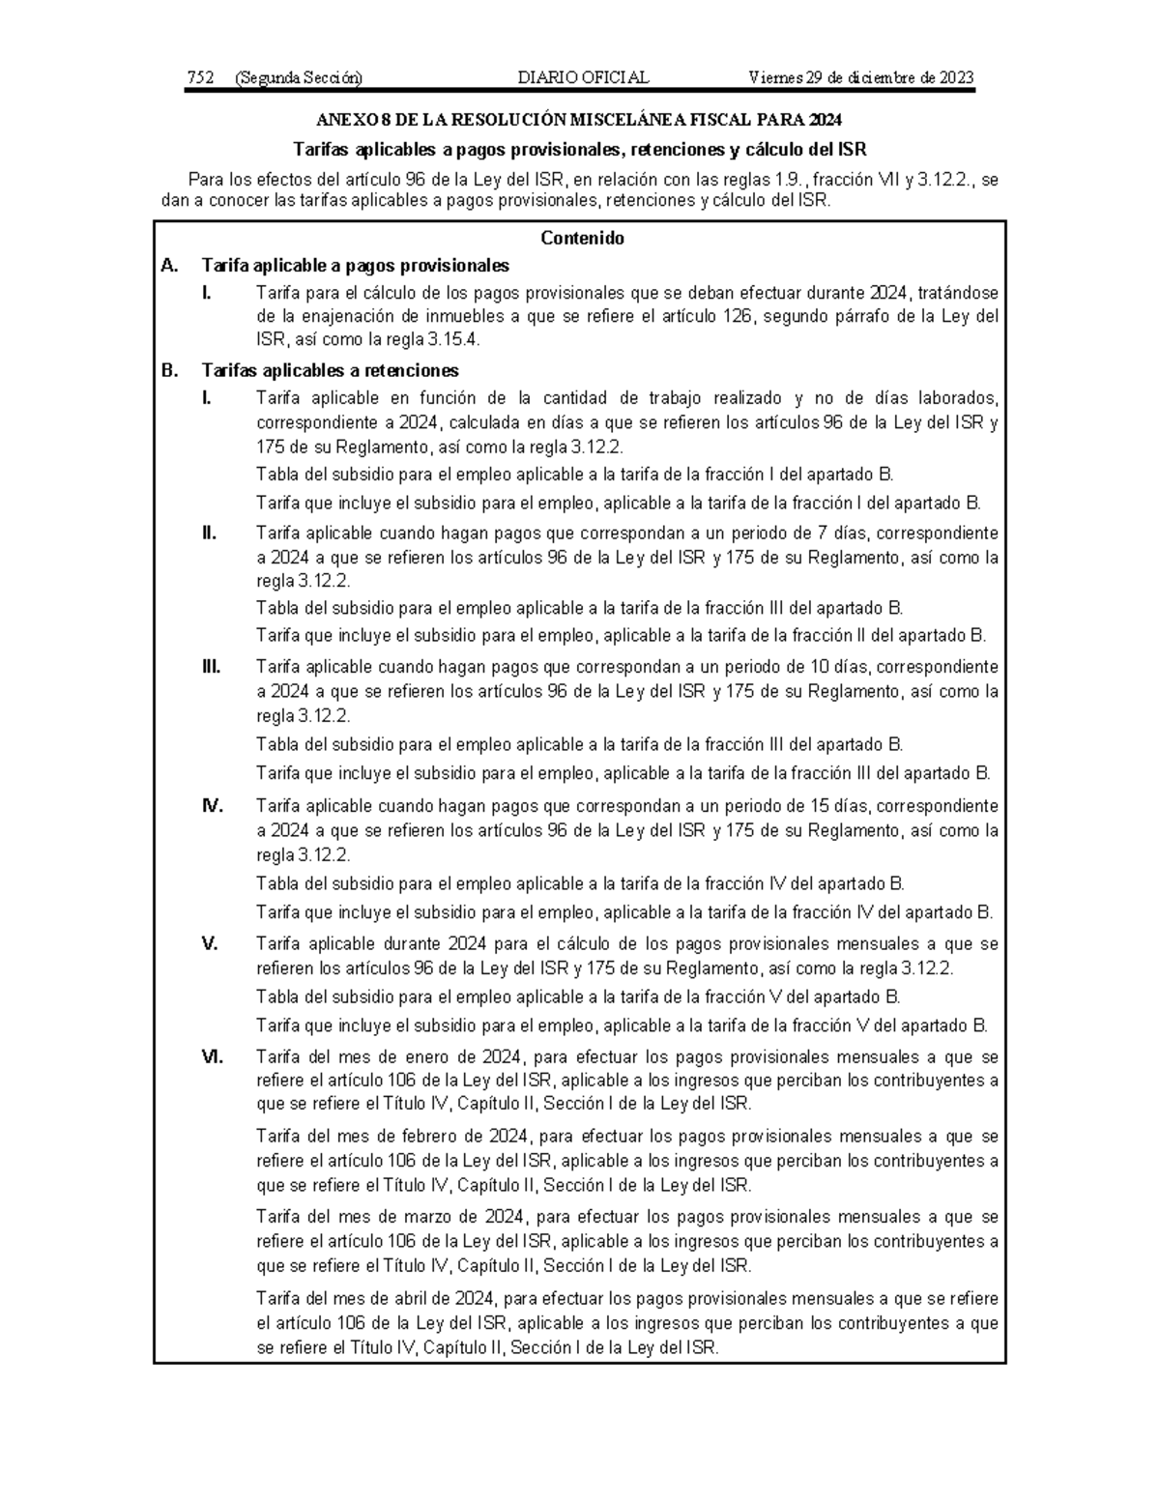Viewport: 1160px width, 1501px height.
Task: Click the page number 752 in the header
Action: point(200,78)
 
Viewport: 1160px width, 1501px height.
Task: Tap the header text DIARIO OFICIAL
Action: point(583,78)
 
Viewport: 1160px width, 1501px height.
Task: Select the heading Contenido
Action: point(582,238)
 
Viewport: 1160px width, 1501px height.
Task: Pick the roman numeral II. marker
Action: point(209,533)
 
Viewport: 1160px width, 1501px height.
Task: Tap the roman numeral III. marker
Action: point(211,667)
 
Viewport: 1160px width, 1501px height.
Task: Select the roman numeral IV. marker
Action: point(212,806)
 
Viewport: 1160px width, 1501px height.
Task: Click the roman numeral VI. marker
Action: point(212,1056)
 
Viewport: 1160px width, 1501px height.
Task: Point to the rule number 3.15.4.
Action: point(453,340)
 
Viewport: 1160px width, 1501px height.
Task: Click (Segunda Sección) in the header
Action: point(298,78)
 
